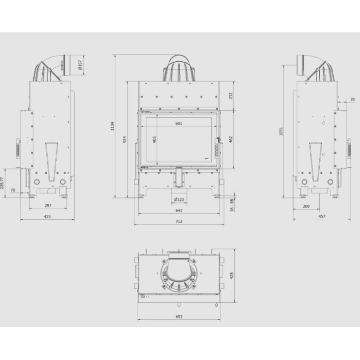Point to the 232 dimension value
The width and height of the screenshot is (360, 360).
231,95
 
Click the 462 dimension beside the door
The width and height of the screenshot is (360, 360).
231,140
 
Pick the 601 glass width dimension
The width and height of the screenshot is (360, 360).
179,124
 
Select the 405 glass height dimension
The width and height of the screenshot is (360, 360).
155,140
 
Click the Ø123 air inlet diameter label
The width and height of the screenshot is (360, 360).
180,200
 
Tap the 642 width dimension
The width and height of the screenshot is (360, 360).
179,211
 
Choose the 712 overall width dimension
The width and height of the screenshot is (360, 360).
179,222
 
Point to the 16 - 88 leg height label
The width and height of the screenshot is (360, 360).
231,205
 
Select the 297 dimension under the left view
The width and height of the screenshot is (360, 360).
48,205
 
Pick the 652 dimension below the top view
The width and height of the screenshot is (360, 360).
179,317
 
